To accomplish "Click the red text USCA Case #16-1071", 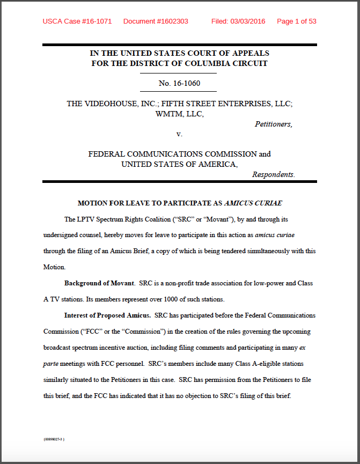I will (77, 21).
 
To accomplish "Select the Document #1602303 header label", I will (156, 21).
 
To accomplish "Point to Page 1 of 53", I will (296, 21).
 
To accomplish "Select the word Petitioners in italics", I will (273, 124).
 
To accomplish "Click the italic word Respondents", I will (273, 174).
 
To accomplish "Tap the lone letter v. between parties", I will (179, 134).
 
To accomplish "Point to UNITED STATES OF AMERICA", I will (178, 164).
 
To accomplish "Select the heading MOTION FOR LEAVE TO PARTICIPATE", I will (150, 203).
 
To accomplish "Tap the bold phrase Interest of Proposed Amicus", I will (106, 315).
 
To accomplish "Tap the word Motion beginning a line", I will (53, 267).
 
